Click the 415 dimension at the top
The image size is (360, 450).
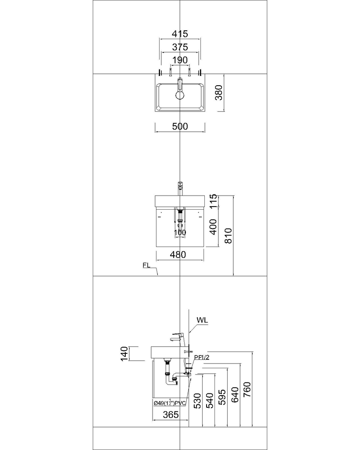[x=180, y=33]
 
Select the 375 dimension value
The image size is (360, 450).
[x=180, y=47]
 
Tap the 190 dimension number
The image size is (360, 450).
[x=180, y=60]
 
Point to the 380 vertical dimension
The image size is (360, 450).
[x=218, y=93]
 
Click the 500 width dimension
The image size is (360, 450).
[x=180, y=127]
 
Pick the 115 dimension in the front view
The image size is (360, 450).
[x=213, y=201]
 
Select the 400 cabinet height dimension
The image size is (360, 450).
[x=213, y=227]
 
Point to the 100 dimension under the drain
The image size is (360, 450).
[x=180, y=232]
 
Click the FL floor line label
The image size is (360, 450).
[x=147, y=265]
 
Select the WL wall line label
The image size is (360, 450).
[x=202, y=320]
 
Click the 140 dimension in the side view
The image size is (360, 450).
[x=125, y=353]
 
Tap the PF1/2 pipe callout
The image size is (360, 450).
[x=201, y=358]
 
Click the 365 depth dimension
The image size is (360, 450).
[x=170, y=414]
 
